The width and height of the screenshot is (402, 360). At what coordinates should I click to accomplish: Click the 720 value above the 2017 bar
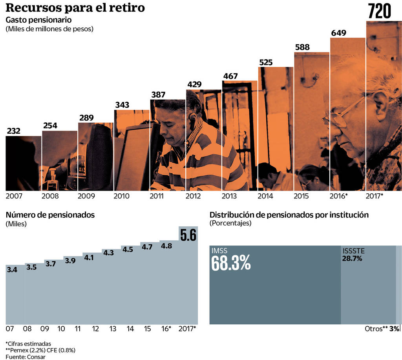point(379,11)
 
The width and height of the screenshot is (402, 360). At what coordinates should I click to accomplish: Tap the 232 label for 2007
point(13,131)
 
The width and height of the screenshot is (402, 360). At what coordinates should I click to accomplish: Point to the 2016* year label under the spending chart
point(339,196)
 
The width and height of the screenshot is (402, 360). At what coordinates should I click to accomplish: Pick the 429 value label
point(194,84)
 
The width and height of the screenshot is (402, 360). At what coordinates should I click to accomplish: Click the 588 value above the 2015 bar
point(302,47)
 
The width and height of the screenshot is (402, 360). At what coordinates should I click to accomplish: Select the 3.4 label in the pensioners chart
point(12,270)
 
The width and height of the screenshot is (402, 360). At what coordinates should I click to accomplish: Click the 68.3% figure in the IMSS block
point(231,264)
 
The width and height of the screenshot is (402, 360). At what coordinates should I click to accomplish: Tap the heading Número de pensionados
point(50,215)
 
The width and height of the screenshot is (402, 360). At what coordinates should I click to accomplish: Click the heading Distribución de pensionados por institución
point(289,215)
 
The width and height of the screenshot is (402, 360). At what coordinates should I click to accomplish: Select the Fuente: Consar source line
point(26,356)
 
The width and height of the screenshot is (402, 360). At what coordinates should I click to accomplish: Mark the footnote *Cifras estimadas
point(28,344)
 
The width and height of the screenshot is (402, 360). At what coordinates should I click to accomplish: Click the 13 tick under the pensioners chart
point(113,329)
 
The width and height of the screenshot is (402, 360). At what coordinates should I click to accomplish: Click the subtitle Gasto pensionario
point(38,20)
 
